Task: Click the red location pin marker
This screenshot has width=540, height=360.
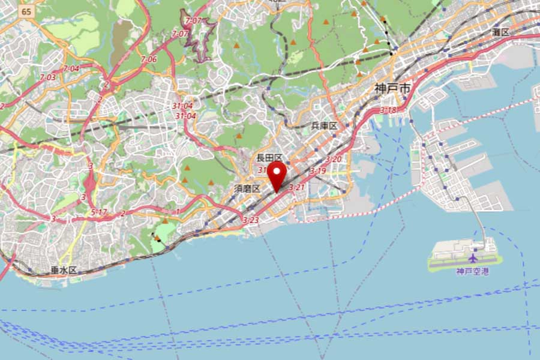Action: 277,174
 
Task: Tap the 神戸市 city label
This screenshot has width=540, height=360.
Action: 393,88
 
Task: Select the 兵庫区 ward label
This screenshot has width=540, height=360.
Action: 324,125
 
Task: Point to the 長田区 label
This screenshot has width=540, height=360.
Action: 269,158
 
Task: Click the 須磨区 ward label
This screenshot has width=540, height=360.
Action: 247,188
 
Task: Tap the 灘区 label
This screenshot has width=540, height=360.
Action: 500,31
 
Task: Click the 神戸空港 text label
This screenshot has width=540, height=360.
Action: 473,271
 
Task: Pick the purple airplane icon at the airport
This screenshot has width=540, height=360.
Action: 473,259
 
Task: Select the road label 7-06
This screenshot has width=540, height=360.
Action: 149,59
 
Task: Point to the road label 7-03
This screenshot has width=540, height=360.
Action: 47,77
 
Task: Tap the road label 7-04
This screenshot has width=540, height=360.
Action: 71,68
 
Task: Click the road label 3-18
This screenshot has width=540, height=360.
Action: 388,110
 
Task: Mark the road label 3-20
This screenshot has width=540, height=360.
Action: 334,159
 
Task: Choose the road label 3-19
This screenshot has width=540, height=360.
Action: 317,171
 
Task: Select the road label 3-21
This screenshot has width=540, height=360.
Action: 297,188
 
